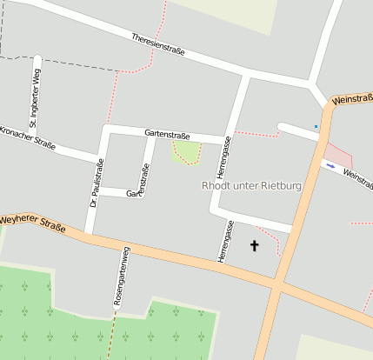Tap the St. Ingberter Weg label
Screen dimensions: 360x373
pos(35,97)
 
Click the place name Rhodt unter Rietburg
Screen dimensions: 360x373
pos(251,185)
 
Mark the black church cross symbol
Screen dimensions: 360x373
pos(255,246)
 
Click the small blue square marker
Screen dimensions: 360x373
pos(316,127)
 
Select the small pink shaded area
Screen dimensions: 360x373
pos(338,156)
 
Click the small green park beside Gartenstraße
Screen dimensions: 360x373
pos(185,152)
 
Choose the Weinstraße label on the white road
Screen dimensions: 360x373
pos(357,177)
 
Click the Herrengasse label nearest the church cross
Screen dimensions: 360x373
pos(225,241)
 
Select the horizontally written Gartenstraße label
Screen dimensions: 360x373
pos(167,134)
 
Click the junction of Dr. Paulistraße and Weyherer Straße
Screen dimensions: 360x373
pos(90,236)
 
